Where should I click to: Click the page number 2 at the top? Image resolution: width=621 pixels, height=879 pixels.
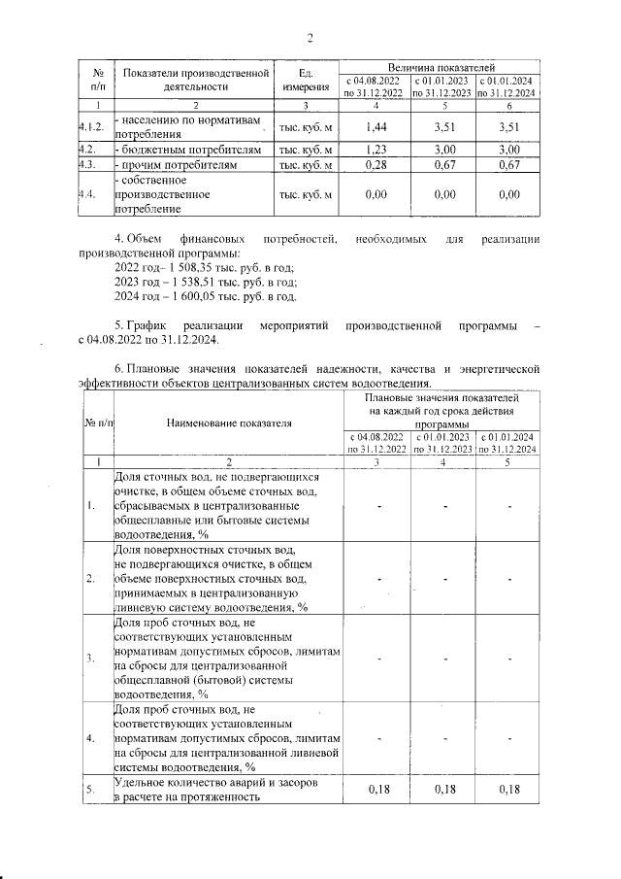point(310,39)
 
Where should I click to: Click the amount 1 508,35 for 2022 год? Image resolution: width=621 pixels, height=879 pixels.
point(195,266)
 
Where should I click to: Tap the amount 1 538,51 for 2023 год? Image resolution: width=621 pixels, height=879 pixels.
point(195,282)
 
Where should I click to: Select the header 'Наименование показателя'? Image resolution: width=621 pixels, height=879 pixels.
point(229,423)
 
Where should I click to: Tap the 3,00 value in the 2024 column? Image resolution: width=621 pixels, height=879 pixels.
point(507,150)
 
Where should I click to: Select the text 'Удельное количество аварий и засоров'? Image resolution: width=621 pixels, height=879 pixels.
point(212,783)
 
